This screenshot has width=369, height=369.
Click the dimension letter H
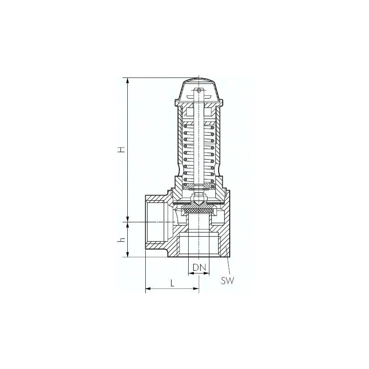[x=121, y=150]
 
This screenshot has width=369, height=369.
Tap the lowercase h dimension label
[x=121, y=240]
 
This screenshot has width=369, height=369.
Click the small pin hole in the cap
[x=199, y=90]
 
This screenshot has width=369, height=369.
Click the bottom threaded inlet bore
[x=199, y=244]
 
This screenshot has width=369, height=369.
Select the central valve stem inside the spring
[x=199, y=148]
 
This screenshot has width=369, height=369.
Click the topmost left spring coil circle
[x=186, y=124]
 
